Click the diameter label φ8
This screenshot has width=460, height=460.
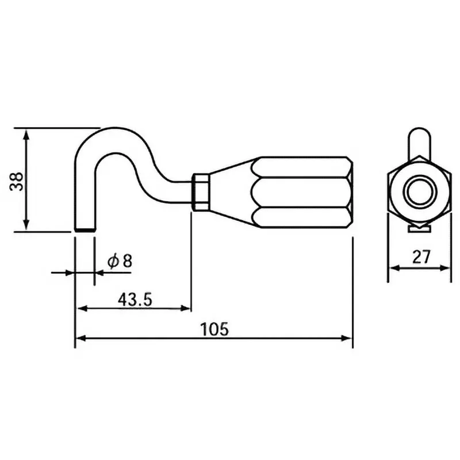[120, 260]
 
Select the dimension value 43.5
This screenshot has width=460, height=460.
[135, 299]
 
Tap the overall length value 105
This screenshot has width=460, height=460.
[214, 329]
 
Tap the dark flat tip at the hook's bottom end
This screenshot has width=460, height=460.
[85, 230]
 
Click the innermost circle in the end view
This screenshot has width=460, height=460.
[418, 192]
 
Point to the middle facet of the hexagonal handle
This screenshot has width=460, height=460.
[302, 193]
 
